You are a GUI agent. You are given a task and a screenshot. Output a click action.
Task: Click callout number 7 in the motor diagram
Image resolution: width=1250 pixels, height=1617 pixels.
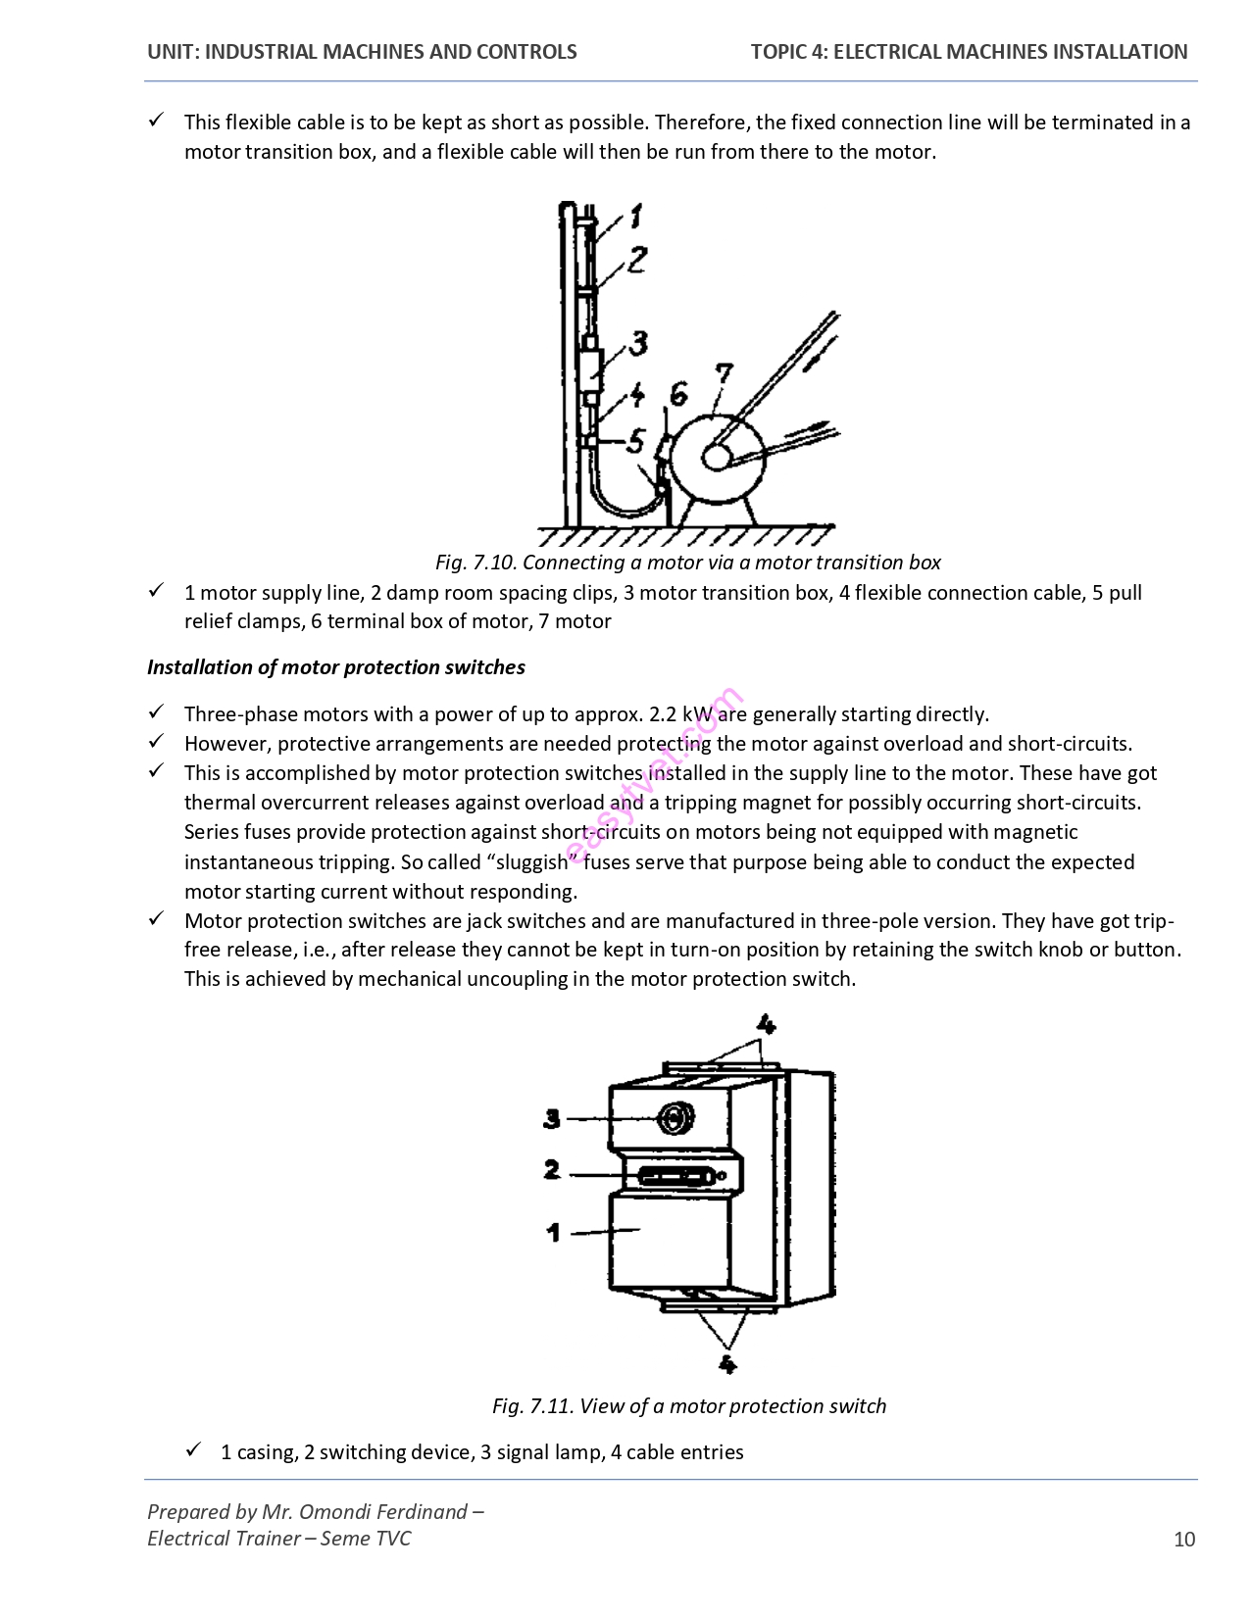[723, 375]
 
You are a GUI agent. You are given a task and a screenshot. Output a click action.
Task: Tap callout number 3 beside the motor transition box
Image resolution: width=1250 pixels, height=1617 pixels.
[638, 343]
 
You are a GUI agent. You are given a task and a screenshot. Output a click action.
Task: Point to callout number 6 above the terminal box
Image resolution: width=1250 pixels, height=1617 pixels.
[677, 394]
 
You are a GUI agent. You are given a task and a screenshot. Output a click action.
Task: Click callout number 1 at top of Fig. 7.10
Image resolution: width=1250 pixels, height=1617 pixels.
[635, 216]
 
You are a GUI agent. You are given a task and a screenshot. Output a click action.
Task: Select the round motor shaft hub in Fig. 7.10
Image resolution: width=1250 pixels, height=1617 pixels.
[715, 458]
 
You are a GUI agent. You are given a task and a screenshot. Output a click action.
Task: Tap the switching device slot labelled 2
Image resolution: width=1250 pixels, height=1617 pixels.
[675, 1174]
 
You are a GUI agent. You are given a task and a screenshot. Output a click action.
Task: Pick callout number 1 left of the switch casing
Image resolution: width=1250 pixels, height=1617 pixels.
[553, 1232]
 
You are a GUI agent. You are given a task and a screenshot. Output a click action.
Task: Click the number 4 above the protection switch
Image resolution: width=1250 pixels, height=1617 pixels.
[766, 1025]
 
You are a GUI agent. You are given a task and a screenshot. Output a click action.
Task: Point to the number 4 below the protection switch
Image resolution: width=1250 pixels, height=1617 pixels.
[726, 1363]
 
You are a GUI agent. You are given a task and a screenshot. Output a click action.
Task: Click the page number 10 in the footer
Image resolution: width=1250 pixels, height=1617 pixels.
[1184, 1539]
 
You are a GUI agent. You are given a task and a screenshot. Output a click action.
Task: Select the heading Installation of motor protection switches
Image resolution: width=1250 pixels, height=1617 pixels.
[336, 667]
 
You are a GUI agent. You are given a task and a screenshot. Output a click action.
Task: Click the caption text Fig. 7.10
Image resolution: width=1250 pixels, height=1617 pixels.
[475, 563]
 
